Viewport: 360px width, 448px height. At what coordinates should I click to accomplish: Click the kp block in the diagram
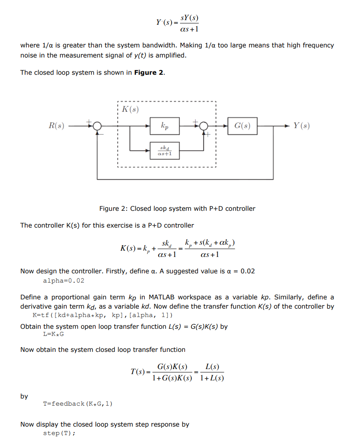coord(164,126)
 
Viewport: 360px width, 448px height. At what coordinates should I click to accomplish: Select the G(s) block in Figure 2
coord(242,126)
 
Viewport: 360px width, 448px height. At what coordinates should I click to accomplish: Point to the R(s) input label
coord(56,126)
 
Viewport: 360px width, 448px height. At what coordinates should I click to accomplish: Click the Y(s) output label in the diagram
coord(302,126)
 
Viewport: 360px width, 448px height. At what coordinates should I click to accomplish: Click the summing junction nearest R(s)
coord(97,126)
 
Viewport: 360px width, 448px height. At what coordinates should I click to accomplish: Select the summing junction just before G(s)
coord(204,126)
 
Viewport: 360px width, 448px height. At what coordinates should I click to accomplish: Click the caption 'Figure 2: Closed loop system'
coord(177,209)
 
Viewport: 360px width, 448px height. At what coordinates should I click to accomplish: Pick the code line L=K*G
coord(53,335)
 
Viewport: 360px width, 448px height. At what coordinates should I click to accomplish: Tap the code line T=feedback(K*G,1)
coord(78,403)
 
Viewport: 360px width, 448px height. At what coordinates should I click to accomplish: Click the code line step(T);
coord(59,433)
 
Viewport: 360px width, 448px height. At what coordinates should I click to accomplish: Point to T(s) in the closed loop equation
coord(138,372)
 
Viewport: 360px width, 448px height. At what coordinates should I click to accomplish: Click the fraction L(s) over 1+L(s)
coord(212,372)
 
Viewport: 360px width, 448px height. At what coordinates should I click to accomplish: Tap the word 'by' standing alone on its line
coord(24,396)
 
